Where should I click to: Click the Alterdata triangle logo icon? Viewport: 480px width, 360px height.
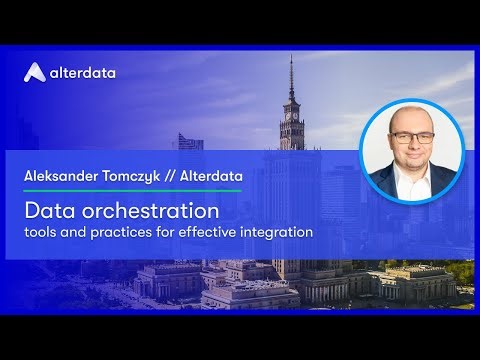(x=35, y=71)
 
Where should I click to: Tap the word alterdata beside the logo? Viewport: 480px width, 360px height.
(x=84, y=72)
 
